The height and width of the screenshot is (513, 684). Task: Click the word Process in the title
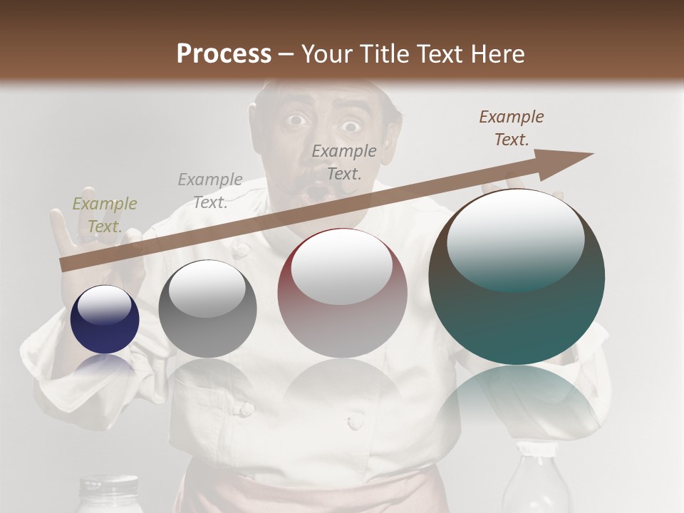224,54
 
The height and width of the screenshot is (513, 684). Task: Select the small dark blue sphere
105,319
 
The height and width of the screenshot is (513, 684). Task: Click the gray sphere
207,309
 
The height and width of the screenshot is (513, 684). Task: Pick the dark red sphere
342,294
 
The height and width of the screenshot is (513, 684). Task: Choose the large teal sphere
517,277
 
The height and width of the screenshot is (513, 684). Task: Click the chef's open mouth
315,191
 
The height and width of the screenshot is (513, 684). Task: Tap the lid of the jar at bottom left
108,487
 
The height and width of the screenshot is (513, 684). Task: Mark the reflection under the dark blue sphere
105,365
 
